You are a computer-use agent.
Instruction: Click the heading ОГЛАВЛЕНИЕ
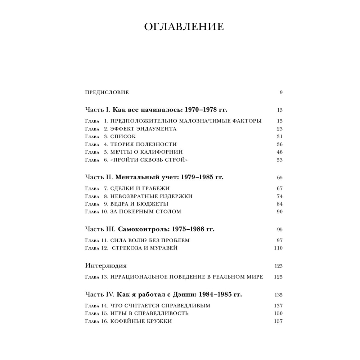184,27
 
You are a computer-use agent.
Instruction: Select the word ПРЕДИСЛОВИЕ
107,93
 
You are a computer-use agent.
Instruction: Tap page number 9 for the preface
281,93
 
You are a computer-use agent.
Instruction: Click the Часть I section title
157,110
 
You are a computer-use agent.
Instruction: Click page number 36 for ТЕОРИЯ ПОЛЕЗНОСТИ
280,144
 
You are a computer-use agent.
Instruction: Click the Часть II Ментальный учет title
154,177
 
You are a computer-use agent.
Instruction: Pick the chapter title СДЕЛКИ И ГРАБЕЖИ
140,188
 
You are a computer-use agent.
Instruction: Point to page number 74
280,196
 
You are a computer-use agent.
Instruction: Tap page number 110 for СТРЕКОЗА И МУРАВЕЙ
278,248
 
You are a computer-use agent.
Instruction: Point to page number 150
278,313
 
